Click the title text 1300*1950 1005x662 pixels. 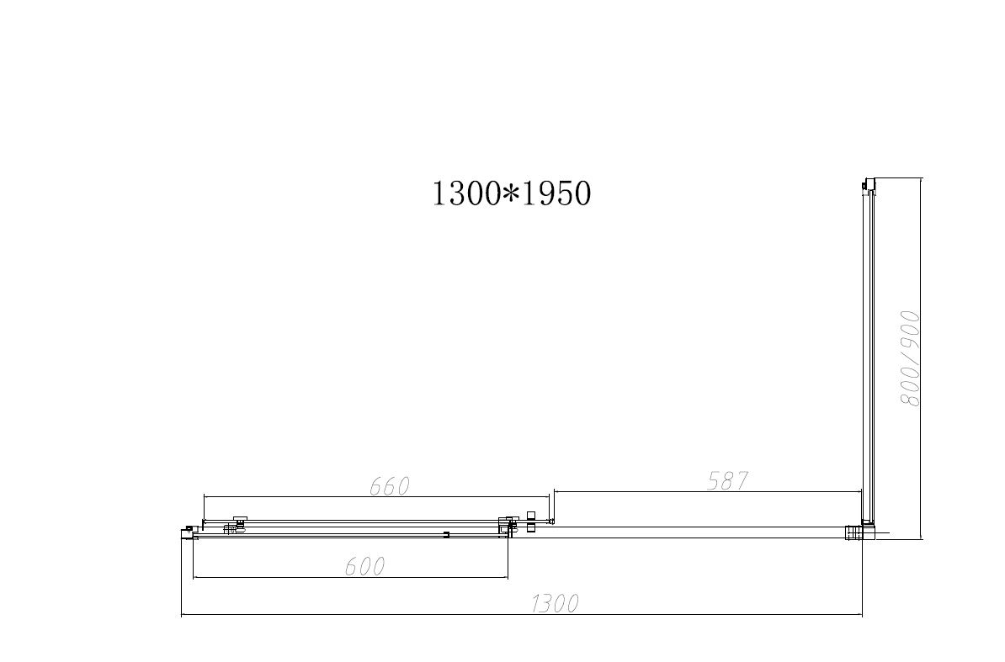coord(511,193)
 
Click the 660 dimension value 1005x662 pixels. coord(389,486)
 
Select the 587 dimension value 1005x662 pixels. coord(727,481)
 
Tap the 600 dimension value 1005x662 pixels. coord(364,567)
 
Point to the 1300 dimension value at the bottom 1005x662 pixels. coord(555,603)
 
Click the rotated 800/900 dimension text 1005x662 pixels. coord(910,358)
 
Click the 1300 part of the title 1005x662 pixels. coord(466,193)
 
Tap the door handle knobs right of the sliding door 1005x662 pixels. coord(530,522)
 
